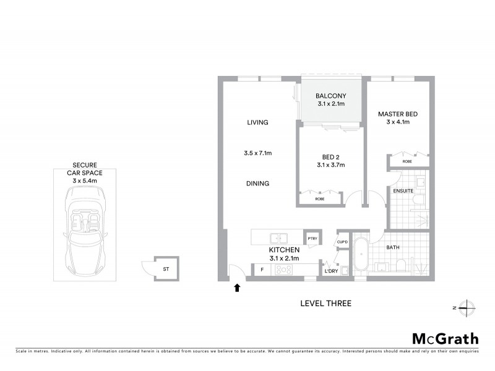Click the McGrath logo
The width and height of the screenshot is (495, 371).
[445, 338]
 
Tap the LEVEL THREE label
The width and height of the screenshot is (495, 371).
[325, 304]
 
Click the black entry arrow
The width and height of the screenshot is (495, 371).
[236, 287]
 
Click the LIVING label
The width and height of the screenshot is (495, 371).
[257, 122]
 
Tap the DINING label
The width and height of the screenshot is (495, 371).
[258, 184]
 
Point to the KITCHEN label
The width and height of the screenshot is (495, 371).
[284, 250]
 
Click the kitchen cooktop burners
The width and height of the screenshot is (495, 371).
[284, 270]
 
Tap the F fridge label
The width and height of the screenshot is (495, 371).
[262, 270]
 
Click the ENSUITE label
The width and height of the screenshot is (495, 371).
[403, 191]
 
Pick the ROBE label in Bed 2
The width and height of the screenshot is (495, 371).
[320, 200]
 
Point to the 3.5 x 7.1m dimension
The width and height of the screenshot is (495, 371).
[258, 153]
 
